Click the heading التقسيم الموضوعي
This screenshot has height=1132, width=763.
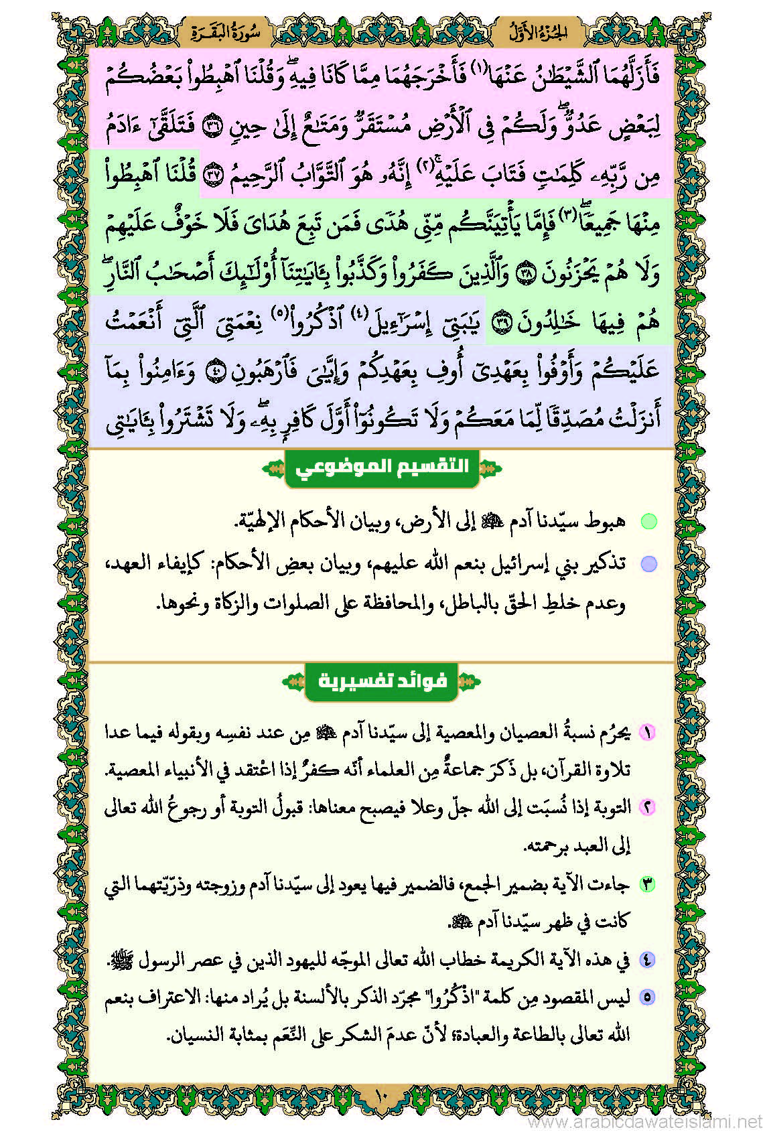[x=381, y=466]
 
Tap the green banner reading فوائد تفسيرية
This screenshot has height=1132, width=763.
[x=381, y=681]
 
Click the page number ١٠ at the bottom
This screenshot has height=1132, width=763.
[x=381, y=1096]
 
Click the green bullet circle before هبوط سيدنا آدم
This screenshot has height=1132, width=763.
[x=648, y=521]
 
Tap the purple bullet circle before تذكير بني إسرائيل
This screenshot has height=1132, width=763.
[x=648, y=564]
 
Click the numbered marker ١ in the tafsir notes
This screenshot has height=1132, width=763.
[x=647, y=732]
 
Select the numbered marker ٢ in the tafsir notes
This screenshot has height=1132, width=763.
[x=647, y=807]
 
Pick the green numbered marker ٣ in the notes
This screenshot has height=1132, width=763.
[x=647, y=884]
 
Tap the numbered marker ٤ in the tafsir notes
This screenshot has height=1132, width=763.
[x=647, y=960]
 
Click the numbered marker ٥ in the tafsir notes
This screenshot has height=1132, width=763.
[x=647, y=997]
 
